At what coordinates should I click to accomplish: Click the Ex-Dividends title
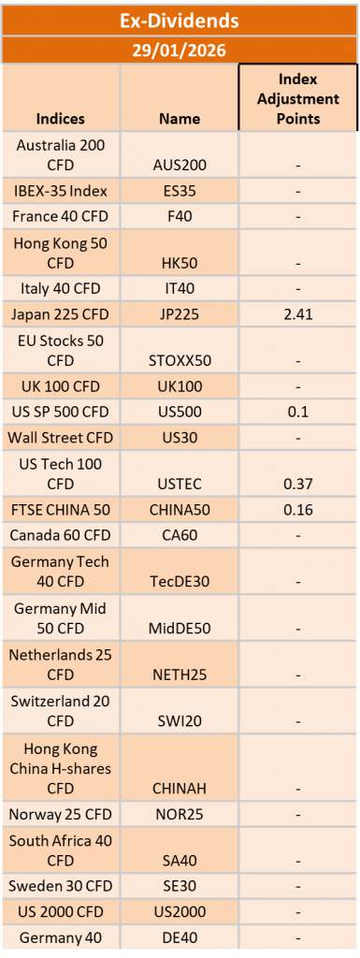(180, 21)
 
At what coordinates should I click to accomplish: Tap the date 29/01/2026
(180, 51)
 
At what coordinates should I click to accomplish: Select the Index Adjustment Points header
(297, 98)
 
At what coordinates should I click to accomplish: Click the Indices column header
(61, 118)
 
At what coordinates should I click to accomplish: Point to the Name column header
(180, 118)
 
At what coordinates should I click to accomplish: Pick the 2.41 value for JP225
(298, 315)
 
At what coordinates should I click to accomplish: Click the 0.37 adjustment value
(298, 484)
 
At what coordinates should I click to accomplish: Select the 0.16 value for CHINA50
(298, 510)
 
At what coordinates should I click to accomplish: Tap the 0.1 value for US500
(298, 412)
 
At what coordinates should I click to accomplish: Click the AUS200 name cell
(180, 165)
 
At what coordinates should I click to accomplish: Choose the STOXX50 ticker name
(180, 360)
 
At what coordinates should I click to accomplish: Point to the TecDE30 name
(180, 582)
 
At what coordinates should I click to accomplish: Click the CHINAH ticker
(180, 788)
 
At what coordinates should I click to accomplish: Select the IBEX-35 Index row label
(61, 191)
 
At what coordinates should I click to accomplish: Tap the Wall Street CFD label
(61, 438)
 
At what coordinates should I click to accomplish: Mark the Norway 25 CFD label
(61, 814)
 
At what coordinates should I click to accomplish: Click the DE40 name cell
(180, 937)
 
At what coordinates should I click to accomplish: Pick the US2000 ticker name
(180, 911)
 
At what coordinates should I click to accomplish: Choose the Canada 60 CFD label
(61, 535)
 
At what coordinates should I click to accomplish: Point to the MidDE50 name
(180, 628)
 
